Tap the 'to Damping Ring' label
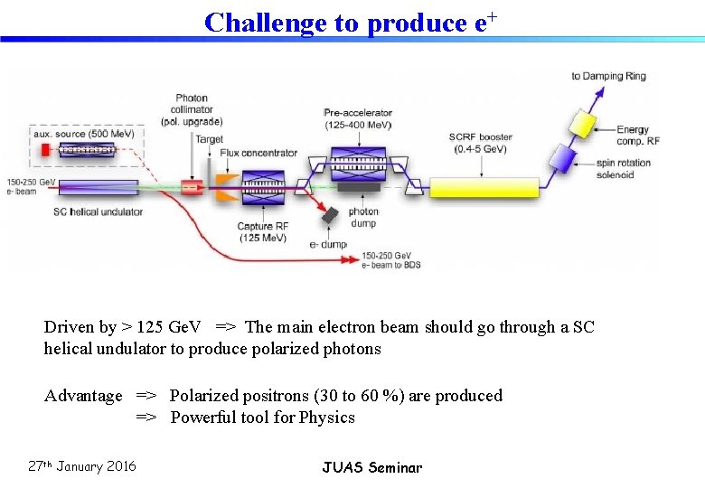608,76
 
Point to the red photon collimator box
192,187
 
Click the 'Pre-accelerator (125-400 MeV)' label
357,118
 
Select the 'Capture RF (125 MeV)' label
262,231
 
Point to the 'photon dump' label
363,217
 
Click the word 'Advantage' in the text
83,396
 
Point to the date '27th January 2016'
82,466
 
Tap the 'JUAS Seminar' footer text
371,467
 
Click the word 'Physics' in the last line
326,418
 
